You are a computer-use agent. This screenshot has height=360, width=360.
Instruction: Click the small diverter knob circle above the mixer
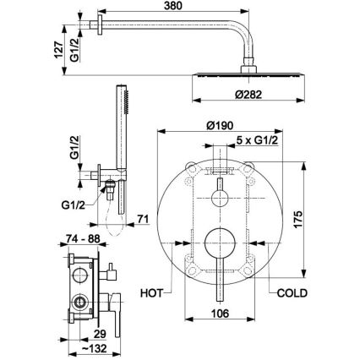pyautogui.click(x=222, y=198)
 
